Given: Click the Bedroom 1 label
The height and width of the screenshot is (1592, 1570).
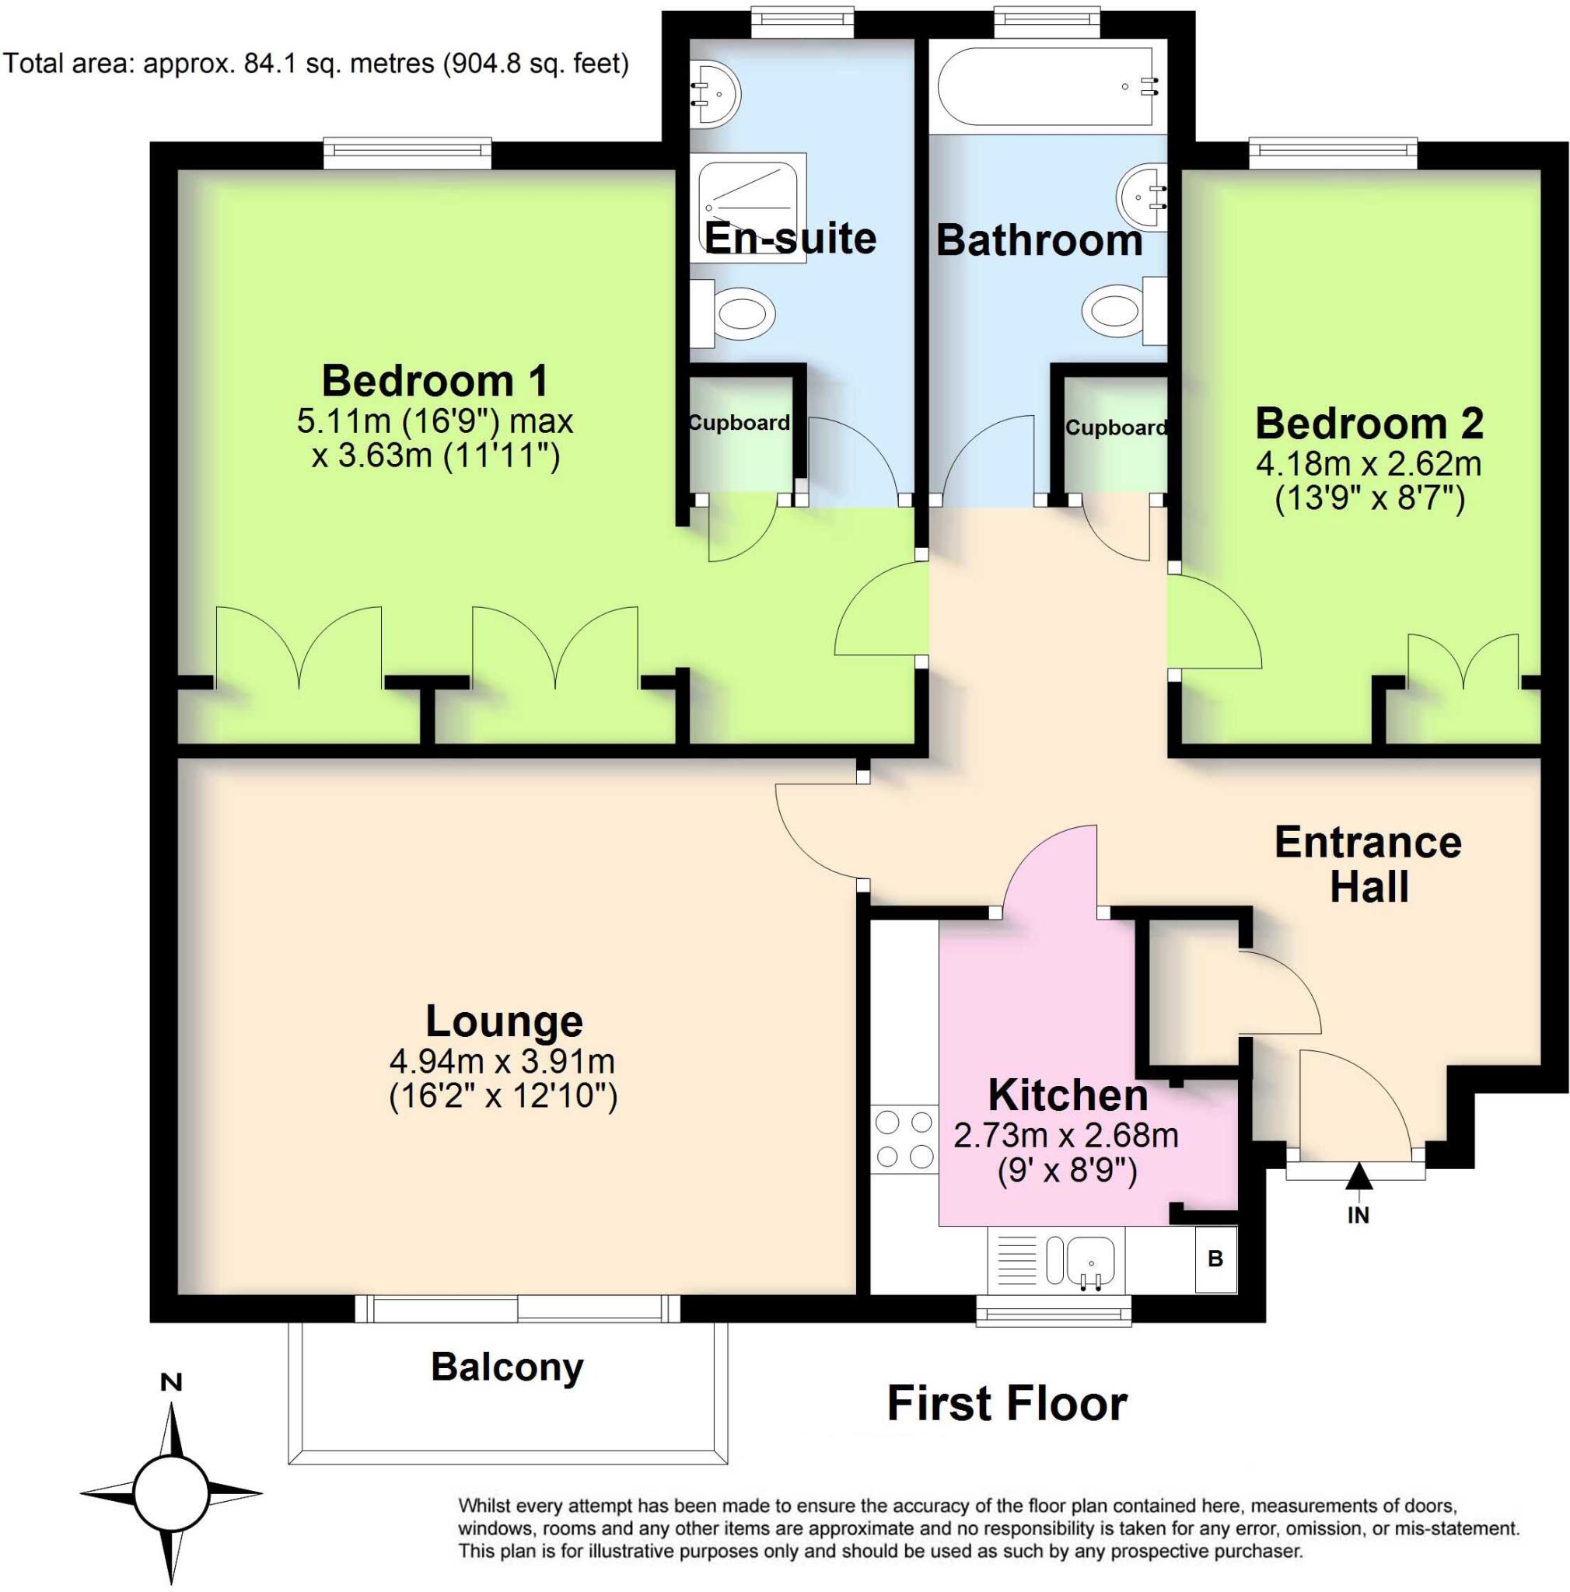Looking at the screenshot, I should (435, 381).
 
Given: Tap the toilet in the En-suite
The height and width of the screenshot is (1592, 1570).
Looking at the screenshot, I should (736, 313).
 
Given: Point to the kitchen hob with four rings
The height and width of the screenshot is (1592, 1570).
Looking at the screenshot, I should (903, 1139).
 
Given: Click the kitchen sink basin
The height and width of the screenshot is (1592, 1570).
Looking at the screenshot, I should (1090, 1262).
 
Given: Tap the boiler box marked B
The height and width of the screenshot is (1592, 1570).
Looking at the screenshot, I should (1215, 1259).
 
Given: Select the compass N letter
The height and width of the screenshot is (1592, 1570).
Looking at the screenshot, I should (170, 1382).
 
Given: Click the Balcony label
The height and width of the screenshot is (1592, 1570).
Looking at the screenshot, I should (507, 1367).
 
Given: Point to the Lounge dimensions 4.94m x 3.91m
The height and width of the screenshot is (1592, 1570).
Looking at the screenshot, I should (502, 1060).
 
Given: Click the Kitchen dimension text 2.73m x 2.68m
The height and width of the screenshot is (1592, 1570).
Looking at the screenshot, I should (1065, 1136).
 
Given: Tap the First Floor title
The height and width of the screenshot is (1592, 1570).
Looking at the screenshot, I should (1006, 1404).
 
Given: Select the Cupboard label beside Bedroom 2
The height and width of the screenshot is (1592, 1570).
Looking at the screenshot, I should (1115, 428).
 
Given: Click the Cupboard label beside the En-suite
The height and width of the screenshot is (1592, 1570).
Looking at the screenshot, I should (739, 423).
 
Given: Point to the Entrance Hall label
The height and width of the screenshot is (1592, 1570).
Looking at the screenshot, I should (1368, 864).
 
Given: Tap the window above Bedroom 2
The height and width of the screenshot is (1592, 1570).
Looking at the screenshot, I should (1332, 153).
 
